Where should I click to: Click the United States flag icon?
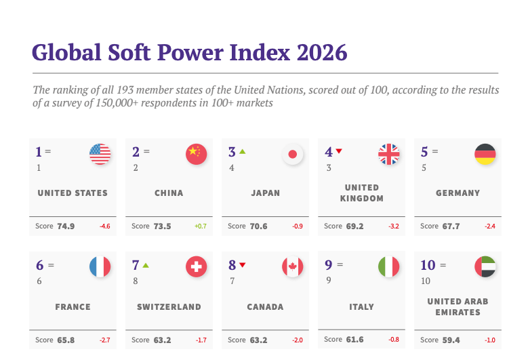pyautogui.click(x=100, y=155)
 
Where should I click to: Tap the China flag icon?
pyautogui.click(x=197, y=155)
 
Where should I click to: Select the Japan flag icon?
pyautogui.click(x=293, y=155)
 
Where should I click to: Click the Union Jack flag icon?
pyautogui.click(x=389, y=155)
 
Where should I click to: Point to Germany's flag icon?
pyautogui.click(x=485, y=155)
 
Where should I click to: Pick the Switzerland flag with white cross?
pyautogui.click(x=197, y=266)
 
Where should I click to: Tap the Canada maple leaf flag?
pyautogui.click(x=293, y=266)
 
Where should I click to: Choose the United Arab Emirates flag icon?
pyautogui.click(x=485, y=266)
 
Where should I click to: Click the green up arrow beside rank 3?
pyautogui.click(x=243, y=152)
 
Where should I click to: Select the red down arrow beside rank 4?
pyautogui.click(x=339, y=151)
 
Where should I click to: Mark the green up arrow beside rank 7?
pyautogui.click(x=146, y=265)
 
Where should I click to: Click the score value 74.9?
pyautogui.click(x=66, y=226)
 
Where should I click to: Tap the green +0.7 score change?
pyautogui.click(x=201, y=226)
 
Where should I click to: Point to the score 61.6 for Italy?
pyautogui.click(x=355, y=340)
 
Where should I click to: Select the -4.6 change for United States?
pyautogui.click(x=105, y=226)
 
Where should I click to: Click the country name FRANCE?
pyautogui.click(x=73, y=307)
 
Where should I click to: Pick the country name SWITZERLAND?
pyautogui.click(x=169, y=307)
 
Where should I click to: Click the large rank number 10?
pyautogui.click(x=428, y=265)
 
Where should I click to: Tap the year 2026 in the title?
pyautogui.click(x=322, y=52)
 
